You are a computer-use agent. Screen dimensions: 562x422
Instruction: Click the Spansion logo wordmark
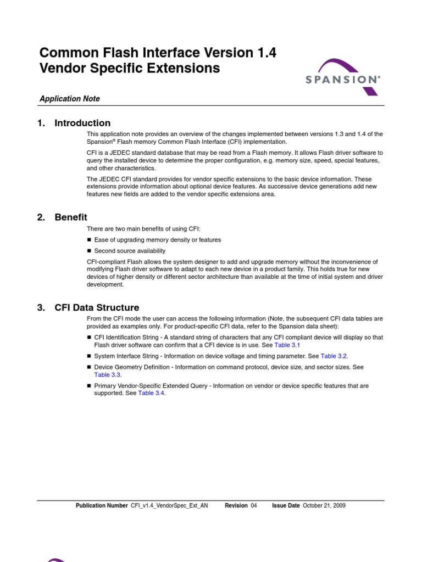tap(342, 80)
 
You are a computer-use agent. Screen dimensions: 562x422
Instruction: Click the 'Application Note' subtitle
tap(69, 99)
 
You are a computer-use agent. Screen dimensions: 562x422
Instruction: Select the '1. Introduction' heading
tap(74, 123)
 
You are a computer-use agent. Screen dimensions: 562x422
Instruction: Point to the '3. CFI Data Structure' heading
tap(88, 307)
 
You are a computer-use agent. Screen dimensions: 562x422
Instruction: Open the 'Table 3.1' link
tap(287, 345)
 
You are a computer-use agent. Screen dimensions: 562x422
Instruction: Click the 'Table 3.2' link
tap(334, 356)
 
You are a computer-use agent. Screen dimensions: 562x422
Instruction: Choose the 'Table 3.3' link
tap(107, 375)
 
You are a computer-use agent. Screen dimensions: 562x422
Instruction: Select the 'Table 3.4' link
tap(151, 394)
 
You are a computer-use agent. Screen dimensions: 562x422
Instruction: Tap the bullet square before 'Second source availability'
tap(90, 251)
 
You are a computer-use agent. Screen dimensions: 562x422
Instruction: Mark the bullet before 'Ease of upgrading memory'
tap(90, 240)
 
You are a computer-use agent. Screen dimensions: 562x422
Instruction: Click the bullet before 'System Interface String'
tap(90, 356)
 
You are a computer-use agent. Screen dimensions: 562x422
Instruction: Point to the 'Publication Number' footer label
tap(102, 506)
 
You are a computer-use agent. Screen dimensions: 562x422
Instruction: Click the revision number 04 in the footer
tap(254, 506)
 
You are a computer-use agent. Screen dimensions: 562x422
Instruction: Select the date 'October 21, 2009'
tap(324, 506)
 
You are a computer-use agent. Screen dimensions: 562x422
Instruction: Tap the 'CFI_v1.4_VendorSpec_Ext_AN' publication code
tap(169, 506)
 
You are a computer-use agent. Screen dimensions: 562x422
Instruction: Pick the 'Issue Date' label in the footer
tap(286, 506)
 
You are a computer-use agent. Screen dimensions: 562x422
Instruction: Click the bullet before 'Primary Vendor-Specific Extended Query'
tap(90, 386)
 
